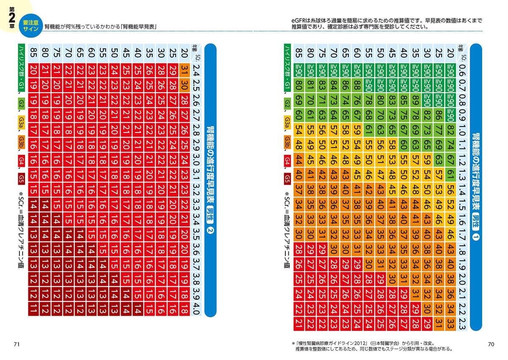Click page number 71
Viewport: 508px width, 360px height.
17,344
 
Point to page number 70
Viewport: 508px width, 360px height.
491,344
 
